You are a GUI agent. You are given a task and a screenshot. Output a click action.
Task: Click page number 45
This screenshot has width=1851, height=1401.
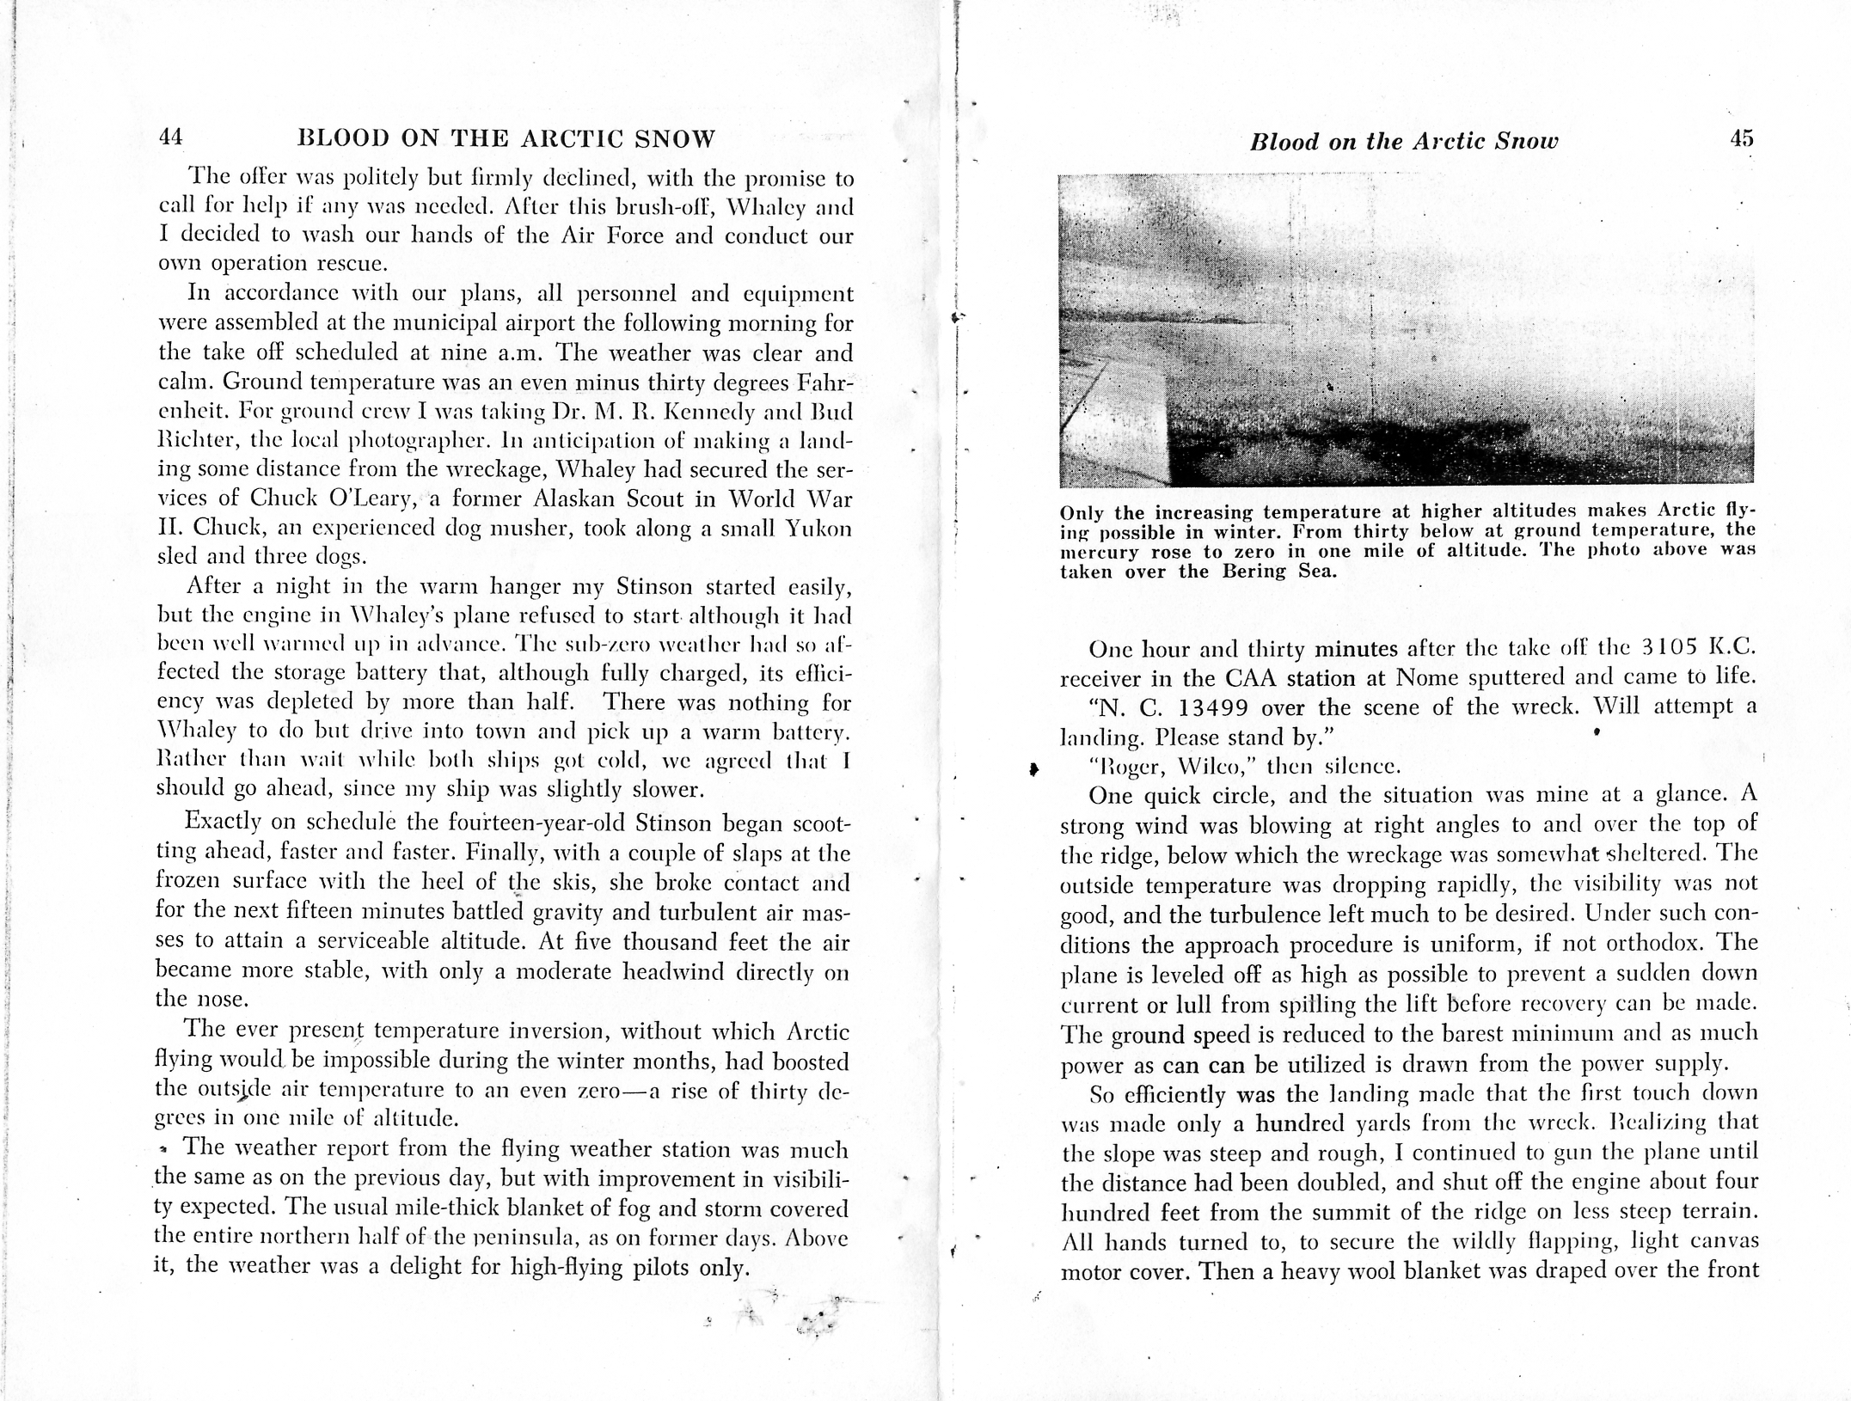click(x=1741, y=139)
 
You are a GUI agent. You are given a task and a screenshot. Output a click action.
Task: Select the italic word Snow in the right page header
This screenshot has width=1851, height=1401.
click(x=1526, y=142)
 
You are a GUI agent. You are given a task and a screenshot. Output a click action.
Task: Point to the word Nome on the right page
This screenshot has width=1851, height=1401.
click(x=1428, y=677)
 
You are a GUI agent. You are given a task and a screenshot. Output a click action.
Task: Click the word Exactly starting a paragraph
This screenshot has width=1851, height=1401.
click(x=223, y=822)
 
